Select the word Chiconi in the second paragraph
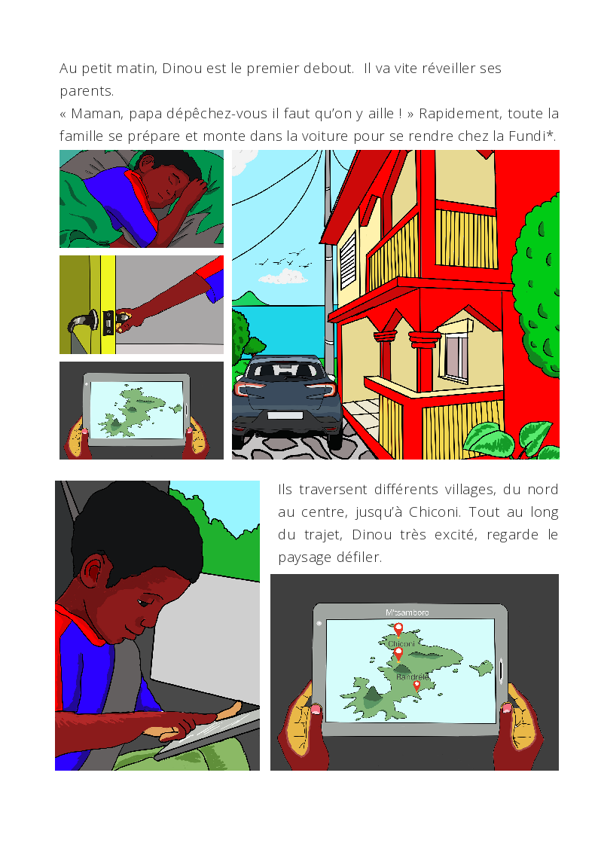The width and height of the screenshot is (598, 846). click(x=434, y=512)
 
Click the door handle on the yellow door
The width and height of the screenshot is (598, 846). click(x=84, y=322)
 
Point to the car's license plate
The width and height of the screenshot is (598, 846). click(x=284, y=415)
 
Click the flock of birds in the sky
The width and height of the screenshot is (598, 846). click(x=285, y=259)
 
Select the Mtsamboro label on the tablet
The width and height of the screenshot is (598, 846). click(x=407, y=612)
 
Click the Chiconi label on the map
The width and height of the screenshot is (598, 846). click(x=401, y=643)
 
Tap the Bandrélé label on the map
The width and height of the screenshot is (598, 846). click(x=413, y=676)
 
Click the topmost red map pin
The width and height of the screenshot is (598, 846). click(x=398, y=630)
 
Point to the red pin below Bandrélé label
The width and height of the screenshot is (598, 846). click(x=416, y=686)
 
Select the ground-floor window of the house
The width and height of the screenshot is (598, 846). click(x=455, y=356)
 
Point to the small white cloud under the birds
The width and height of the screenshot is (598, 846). click(x=283, y=277)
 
